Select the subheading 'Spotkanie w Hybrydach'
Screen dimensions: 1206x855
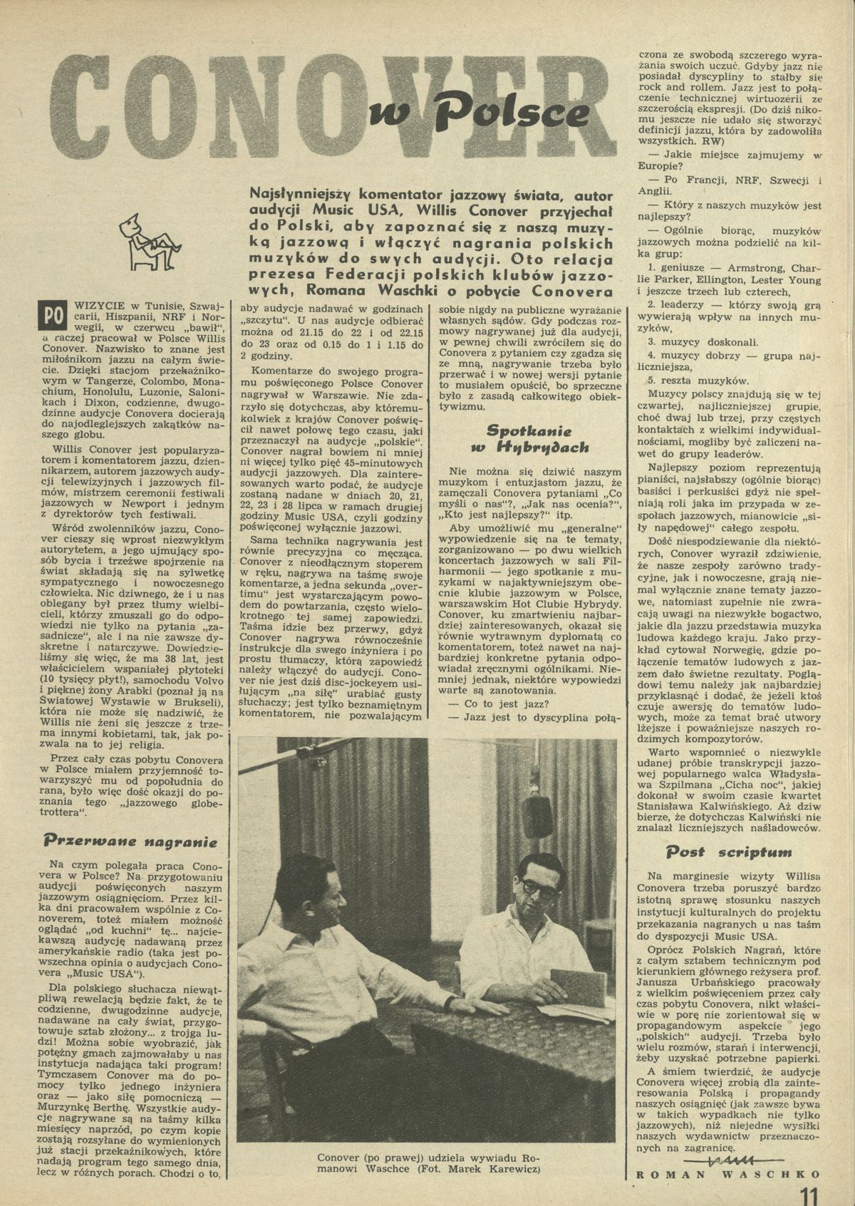click(527, 439)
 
